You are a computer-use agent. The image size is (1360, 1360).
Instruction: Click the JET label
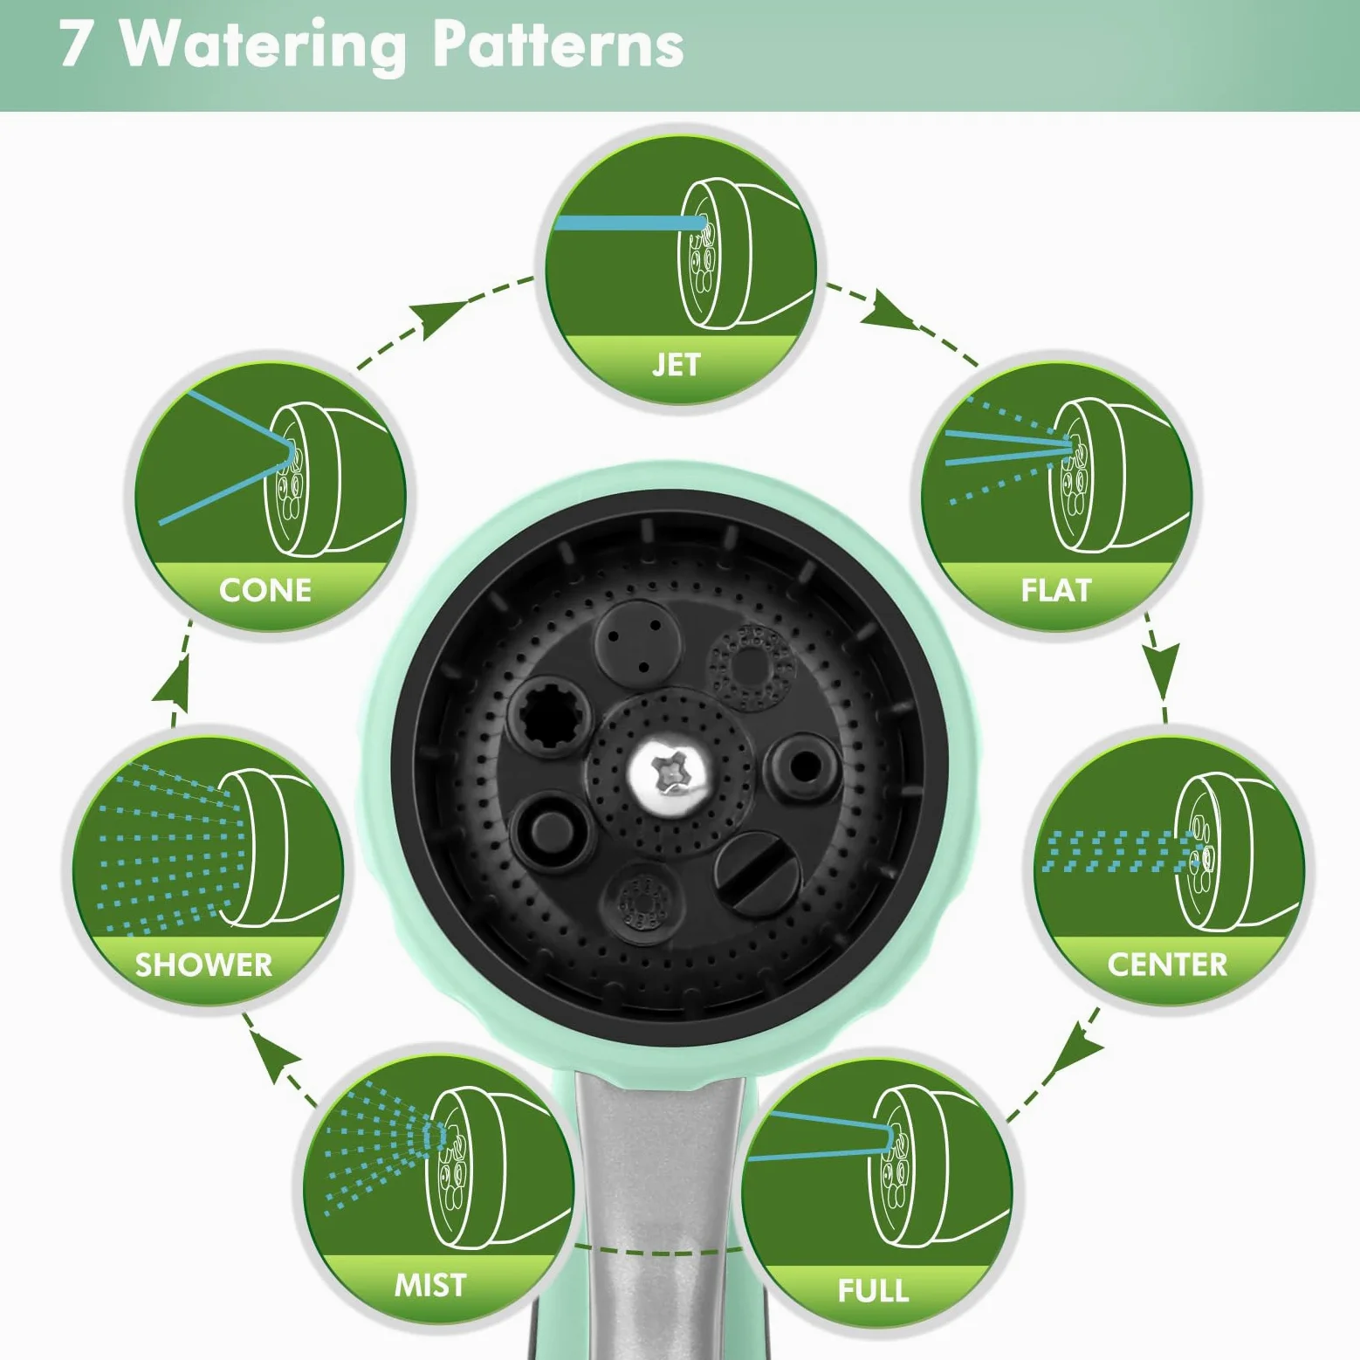(x=677, y=364)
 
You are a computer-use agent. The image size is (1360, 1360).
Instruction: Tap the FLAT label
(x=1056, y=590)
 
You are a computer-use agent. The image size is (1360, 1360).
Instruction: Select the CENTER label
(x=1167, y=965)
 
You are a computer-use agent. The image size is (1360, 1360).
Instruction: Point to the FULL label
(x=873, y=1290)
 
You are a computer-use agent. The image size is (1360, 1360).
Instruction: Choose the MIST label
(x=430, y=1285)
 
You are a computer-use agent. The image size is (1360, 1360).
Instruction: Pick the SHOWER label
(x=203, y=965)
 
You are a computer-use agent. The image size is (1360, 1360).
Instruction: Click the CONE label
(x=265, y=590)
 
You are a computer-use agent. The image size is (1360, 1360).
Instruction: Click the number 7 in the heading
(x=75, y=44)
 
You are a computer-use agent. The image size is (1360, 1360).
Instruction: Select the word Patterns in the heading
(x=558, y=44)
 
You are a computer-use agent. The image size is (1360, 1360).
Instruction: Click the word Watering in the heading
(x=263, y=45)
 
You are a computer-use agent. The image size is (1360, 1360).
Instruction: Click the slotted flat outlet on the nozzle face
(x=757, y=873)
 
